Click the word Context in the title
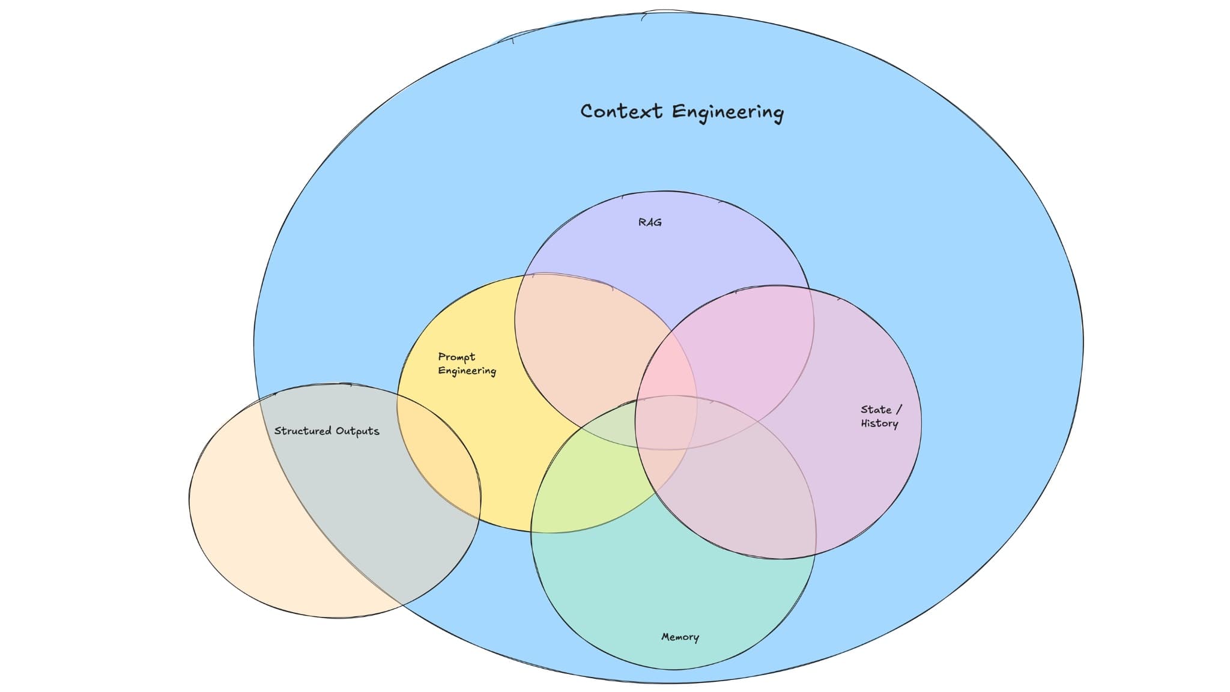click(x=621, y=112)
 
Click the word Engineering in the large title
click(x=727, y=113)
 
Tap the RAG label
click(x=650, y=222)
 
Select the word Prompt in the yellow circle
click(x=456, y=357)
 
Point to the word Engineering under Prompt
click(x=467, y=371)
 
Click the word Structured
click(x=303, y=431)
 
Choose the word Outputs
click(x=357, y=431)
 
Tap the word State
click(x=876, y=410)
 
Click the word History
click(x=879, y=423)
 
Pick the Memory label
click(x=680, y=637)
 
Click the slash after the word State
click(x=899, y=410)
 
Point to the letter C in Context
click(x=587, y=112)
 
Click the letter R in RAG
click(x=642, y=222)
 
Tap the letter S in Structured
click(x=278, y=431)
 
